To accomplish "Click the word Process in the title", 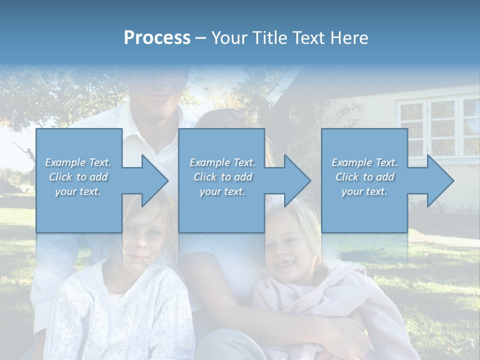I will pyautogui.click(x=157, y=37).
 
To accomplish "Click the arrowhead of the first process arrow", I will pyautogui.click(x=155, y=180).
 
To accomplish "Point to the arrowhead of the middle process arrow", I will pyautogui.click(x=297, y=180).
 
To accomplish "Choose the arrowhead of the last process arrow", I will pyautogui.click(x=440, y=180).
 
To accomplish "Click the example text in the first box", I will pyautogui.click(x=78, y=177).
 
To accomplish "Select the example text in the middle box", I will pyautogui.click(x=222, y=177).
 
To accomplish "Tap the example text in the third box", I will pyautogui.click(x=364, y=177).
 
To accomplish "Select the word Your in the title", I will pyautogui.click(x=229, y=37).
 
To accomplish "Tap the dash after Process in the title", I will pyautogui.click(x=200, y=38).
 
